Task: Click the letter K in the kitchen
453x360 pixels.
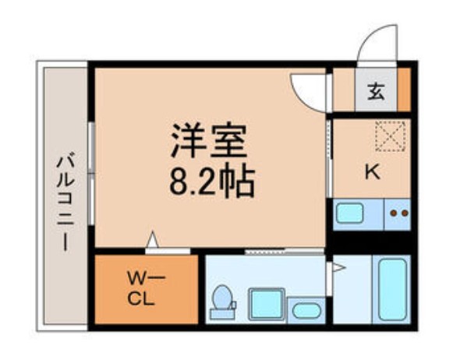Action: point(372,173)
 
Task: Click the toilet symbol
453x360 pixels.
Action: point(223,300)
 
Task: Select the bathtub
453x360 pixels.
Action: point(393,289)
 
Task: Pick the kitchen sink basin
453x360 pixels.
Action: point(351,214)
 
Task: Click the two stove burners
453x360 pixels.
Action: point(399,213)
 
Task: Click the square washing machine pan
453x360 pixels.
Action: point(264,302)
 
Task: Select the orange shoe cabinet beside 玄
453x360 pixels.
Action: point(404,90)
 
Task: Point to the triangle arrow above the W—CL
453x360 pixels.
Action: point(153,241)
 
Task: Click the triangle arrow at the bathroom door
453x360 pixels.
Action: point(338,267)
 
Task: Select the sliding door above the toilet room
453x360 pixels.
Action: point(284,252)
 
